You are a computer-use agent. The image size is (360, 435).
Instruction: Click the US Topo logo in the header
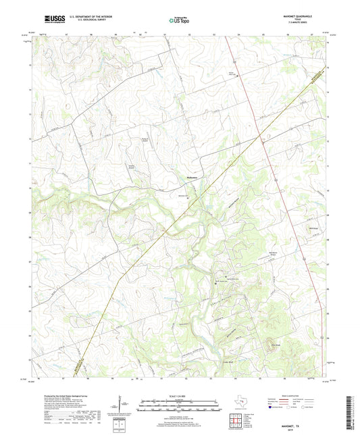(179, 22)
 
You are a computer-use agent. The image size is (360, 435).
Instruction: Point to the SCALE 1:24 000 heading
(179, 396)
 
